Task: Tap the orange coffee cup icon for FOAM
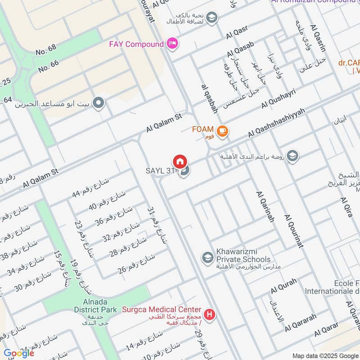222,131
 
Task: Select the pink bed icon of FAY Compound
172,44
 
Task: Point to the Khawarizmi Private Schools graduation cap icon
207,257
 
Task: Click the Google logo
18,353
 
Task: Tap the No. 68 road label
46,50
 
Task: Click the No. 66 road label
49,66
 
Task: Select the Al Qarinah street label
265,207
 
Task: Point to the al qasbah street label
210,98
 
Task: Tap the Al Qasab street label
241,49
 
